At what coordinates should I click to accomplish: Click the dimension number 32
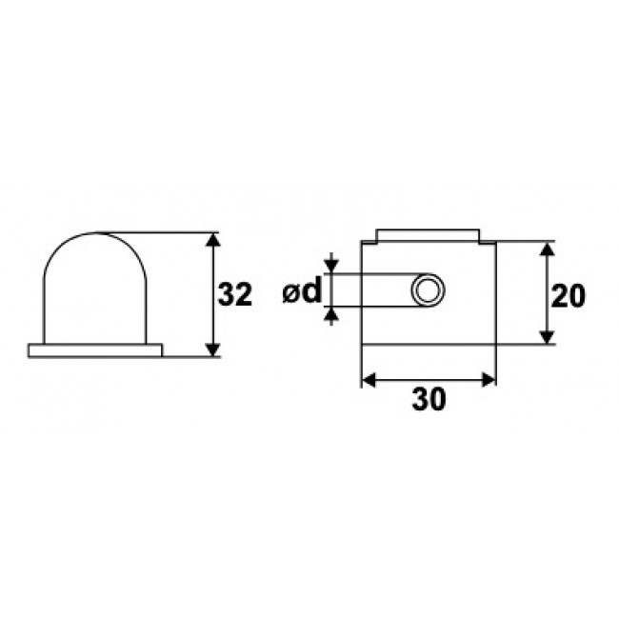(x=235, y=296)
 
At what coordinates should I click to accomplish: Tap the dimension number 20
(x=568, y=296)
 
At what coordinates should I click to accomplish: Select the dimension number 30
(x=429, y=401)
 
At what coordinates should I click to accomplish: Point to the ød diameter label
(x=302, y=291)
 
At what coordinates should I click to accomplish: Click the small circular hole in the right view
(x=428, y=290)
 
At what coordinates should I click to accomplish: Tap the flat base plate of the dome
(x=95, y=350)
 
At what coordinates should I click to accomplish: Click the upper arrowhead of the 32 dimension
(x=212, y=240)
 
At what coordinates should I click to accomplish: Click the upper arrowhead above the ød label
(x=331, y=267)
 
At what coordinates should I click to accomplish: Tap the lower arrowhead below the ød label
(x=331, y=314)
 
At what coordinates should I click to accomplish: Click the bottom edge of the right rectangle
(x=429, y=344)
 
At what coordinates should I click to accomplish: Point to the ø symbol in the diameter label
(x=291, y=293)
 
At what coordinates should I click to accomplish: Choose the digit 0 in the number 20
(x=576, y=296)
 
